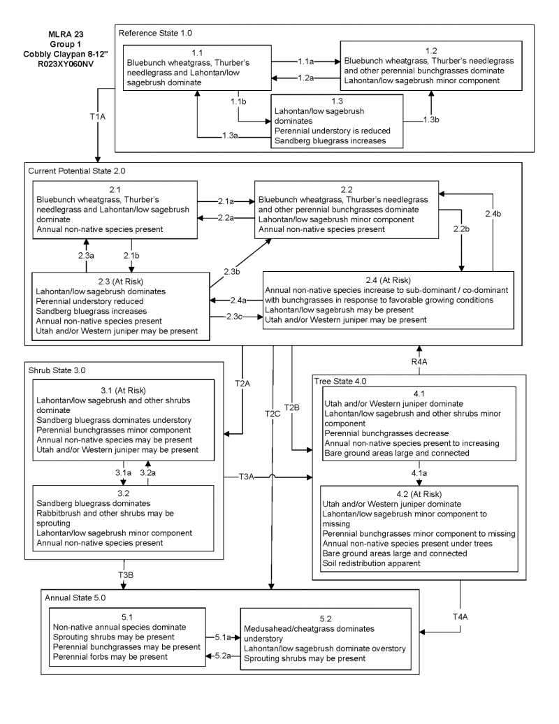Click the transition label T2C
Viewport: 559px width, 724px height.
pyautogui.click(x=273, y=413)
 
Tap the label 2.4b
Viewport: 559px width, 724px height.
pyautogui.click(x=493, y=212)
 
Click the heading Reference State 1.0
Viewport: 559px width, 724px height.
pyautogui.click(x=155, y=33)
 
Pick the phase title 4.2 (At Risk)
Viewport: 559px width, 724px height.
pyautogui.click(x=418, y=493)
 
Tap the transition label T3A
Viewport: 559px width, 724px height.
pyautogui.click(x=247, y=477)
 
